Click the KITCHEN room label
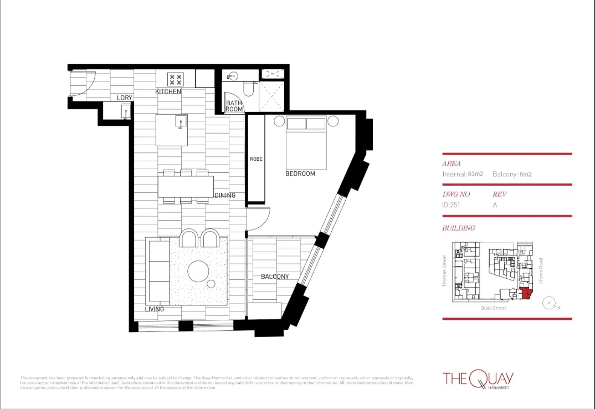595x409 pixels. point(168,91)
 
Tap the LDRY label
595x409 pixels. point(125,98)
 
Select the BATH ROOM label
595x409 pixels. point(234,106)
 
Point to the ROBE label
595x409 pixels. point(255,159)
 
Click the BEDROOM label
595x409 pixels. point(300,173)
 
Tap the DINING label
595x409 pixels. point(224,195)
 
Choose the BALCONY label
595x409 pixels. point(274,277)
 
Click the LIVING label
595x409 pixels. point(155,309)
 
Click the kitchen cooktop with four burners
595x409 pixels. point(176,79)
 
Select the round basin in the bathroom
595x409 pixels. point(231,76)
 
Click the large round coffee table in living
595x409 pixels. point(198,272)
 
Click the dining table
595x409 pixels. point(186,186)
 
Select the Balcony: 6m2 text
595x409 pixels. point(512,174)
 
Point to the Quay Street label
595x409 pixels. point(493,308)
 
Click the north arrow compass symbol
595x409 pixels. point(549,303)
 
